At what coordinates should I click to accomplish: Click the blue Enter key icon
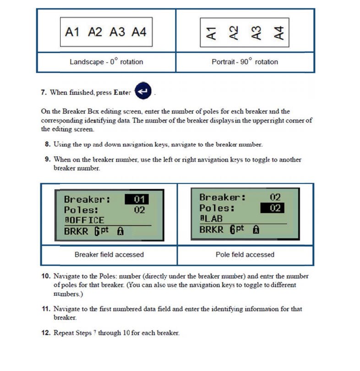(143, 92)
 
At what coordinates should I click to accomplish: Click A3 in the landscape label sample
(117, 32)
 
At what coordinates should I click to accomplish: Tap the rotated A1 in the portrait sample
(212, 33)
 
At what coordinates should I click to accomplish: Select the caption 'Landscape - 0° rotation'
(106, 61)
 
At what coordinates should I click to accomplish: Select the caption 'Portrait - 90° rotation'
(245, 61)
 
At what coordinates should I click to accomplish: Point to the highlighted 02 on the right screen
(273, 208)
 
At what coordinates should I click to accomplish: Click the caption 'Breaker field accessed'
(109, 254)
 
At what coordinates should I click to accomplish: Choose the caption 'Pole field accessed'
(245, 254)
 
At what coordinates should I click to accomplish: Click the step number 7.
(44, 92)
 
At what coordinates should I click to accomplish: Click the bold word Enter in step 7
(122, 92)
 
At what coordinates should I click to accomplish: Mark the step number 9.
(47, 160)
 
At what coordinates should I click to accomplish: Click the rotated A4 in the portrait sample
(279, 33)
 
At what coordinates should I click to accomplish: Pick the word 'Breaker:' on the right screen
(220, 197)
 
